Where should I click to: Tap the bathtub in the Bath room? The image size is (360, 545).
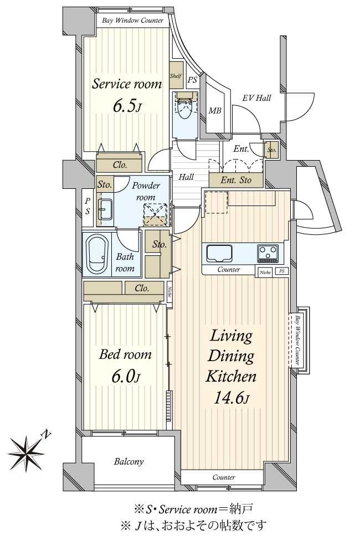97,254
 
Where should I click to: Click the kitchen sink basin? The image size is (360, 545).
219,253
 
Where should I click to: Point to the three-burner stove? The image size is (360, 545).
268,253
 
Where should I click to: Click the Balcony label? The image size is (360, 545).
128,461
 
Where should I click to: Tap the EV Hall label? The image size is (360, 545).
256,98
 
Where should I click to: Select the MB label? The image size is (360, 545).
215,111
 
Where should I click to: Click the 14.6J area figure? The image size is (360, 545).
231,398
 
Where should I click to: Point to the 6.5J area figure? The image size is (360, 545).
127,106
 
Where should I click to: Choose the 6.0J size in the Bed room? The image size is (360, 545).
126,377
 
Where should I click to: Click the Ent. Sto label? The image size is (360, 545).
236,180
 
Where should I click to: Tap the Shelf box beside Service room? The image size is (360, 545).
176,75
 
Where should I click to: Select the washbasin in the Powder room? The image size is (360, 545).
105,209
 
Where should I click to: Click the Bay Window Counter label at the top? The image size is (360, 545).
132,20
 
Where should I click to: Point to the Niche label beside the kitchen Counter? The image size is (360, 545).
265,272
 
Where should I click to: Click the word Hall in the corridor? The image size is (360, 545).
186,177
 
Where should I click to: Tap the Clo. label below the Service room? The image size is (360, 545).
120,164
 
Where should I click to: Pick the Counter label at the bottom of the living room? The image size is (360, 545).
224,477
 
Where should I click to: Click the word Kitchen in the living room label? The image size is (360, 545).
231,377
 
